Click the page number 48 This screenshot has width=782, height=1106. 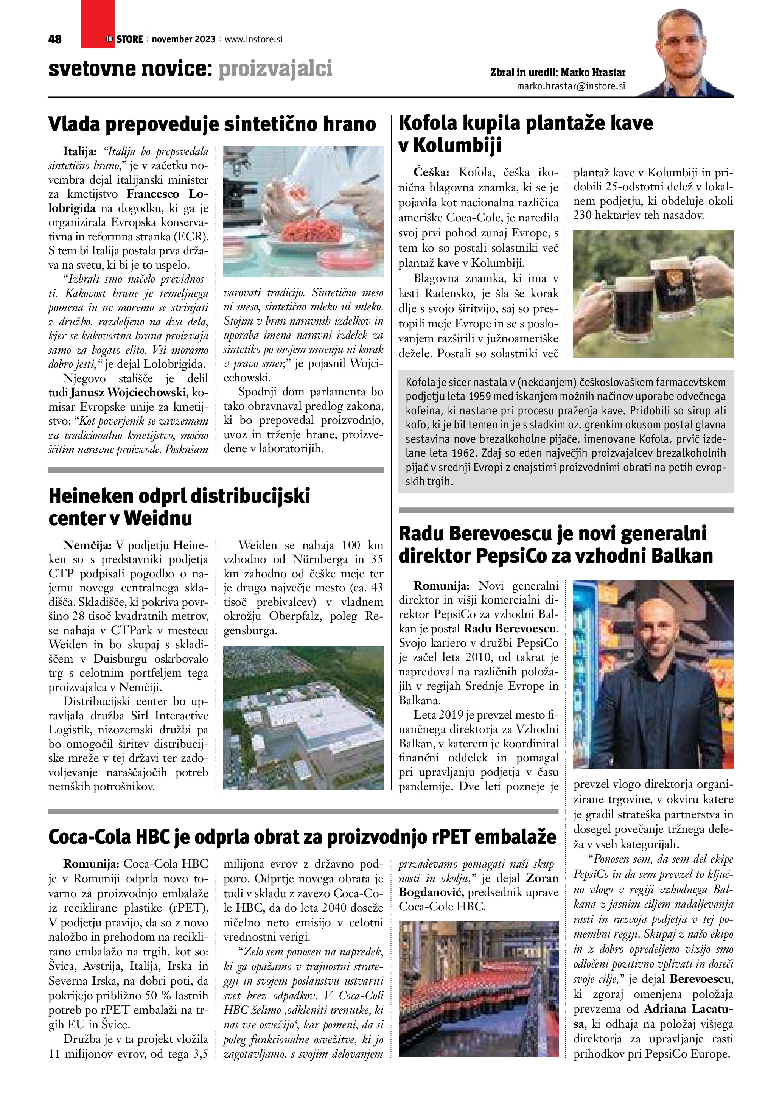[55, 39]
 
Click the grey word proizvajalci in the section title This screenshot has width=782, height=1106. [275, 69]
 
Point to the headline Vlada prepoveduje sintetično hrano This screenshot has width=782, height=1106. [212, 124]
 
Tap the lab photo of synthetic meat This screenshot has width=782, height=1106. [303, 212]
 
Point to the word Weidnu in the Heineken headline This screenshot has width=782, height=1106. [159, 518]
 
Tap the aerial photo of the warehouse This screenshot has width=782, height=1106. [303, 717]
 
